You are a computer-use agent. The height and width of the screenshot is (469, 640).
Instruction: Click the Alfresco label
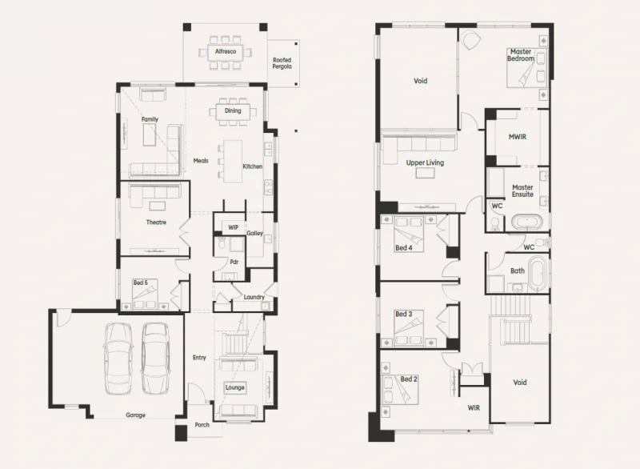(225, 51)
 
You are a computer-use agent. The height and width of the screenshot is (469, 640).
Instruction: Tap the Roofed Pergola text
(282, 62)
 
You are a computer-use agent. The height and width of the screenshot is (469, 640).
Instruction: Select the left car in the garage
(118, 357)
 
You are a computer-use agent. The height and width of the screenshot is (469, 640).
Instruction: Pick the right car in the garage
(156, 357)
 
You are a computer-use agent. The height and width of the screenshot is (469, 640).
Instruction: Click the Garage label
(135, 415)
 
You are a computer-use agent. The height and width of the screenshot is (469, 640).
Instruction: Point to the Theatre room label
(155, 222)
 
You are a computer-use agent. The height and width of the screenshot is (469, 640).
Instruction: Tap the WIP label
(233, 228)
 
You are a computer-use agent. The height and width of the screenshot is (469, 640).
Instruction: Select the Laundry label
(254, 297)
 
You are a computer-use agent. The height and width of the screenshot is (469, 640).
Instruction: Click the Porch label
(202, 424)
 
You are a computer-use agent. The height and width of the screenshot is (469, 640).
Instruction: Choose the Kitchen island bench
(232, 158)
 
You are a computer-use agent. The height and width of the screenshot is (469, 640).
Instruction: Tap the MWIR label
(517, 137)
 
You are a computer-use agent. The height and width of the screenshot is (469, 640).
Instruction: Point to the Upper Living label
(425, 162)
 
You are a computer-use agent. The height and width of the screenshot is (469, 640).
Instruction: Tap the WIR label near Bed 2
(474, 407)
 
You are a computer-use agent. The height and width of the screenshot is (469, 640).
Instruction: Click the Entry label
(199, 358)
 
